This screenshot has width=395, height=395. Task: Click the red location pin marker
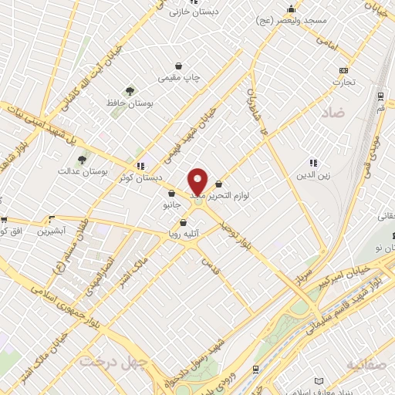click(198, 181)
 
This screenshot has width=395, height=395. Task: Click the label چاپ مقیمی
click(179, 78)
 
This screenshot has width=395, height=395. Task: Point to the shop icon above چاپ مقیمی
click(179, 66)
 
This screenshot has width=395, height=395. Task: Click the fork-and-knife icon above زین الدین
click(312, 163)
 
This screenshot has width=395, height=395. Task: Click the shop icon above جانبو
click(170, 194)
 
